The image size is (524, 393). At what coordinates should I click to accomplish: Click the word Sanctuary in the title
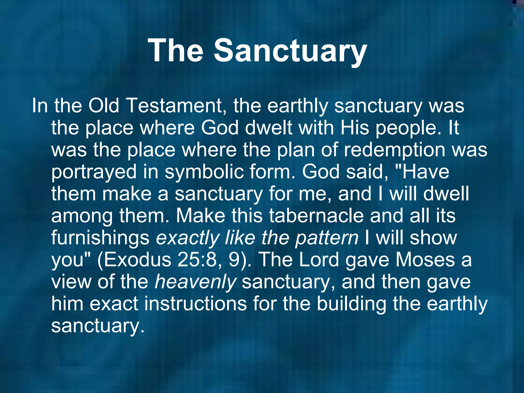pyautogui.click(x=290, y=50)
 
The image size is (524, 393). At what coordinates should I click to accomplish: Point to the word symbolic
pyautogui.click(x=204, y=172)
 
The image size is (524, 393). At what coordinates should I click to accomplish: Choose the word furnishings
pyautogui.click(x=100, y=238)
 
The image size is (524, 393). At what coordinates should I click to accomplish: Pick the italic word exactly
pyautogui.click(x=188, y=238)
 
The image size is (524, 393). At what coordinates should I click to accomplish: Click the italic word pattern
pyautogui.click(x=327, y=238)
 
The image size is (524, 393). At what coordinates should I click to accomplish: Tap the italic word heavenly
pyautogui.click(x=195, y=282)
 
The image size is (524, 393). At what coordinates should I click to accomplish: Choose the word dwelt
pyautogui.click(x=268, y=128)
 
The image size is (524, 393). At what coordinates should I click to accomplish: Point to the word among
pyautogui.click(x=82, y=216)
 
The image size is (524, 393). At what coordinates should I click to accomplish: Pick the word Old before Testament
pyautogui.click(x=104, y=106)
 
